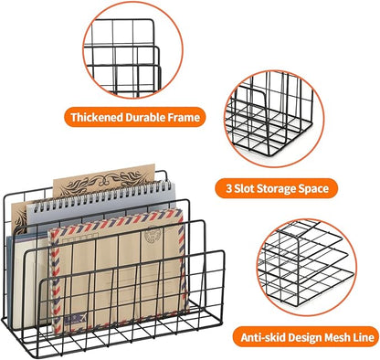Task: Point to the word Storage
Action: pyautogui.click(x=280, y=189)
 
